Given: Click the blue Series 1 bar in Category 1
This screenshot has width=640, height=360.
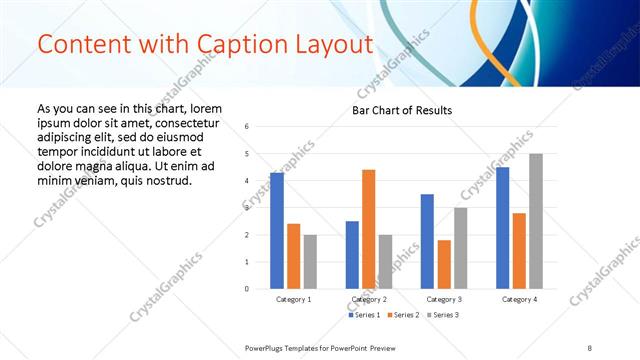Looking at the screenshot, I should [x=277, y=231].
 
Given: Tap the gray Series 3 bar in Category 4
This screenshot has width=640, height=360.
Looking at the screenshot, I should [x=536, y=221].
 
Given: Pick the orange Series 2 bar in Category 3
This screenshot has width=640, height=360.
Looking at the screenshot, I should [x=444, y=264].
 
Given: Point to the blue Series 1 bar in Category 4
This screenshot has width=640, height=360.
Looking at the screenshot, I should [x=502, y=228].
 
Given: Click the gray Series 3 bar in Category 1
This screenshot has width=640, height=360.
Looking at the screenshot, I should [x=310, y=262].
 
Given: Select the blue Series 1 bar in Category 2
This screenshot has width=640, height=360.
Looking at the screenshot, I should [x=352, y=255].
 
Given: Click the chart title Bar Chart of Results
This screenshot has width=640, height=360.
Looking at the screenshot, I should [x=402, y=110].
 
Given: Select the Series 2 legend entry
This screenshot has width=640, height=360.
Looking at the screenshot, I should [x=403, y=316].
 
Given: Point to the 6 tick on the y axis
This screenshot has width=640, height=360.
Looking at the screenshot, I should [x=247, y=127].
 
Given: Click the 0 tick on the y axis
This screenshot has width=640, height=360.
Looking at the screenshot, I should [x=247, y=289].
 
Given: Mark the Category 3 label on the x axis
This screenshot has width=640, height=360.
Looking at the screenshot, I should [x=444, y=300].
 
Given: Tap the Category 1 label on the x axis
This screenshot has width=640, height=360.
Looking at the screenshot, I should [x=293, y=300].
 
